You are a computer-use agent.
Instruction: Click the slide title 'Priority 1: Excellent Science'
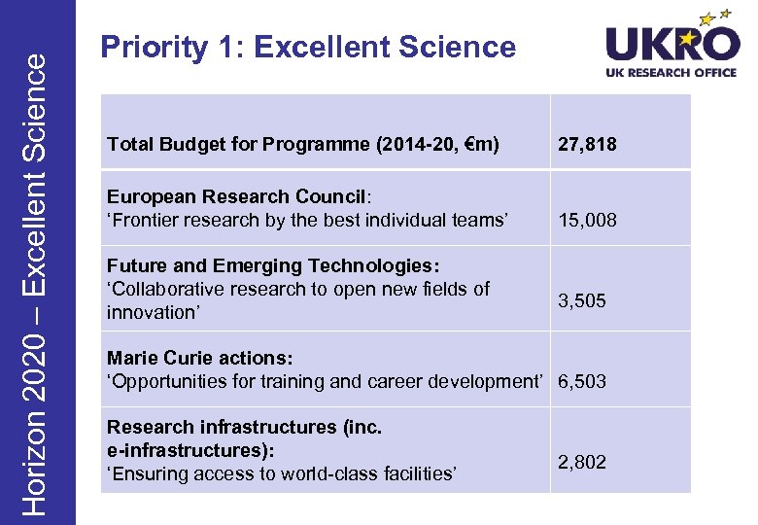click(308, 47)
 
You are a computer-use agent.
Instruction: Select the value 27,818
click(586, 145)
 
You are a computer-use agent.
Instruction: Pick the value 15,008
click(586, 220)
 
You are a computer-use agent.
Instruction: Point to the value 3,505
click(581, 300)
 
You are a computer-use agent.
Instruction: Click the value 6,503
click(581, 381)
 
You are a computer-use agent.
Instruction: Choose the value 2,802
click(581, 462)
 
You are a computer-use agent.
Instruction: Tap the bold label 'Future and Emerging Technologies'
click(271, 265)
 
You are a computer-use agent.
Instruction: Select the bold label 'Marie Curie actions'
click(198, 358)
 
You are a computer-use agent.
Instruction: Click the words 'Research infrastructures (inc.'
click(244, 427)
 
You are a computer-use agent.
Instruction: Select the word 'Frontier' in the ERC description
click(149, 220)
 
